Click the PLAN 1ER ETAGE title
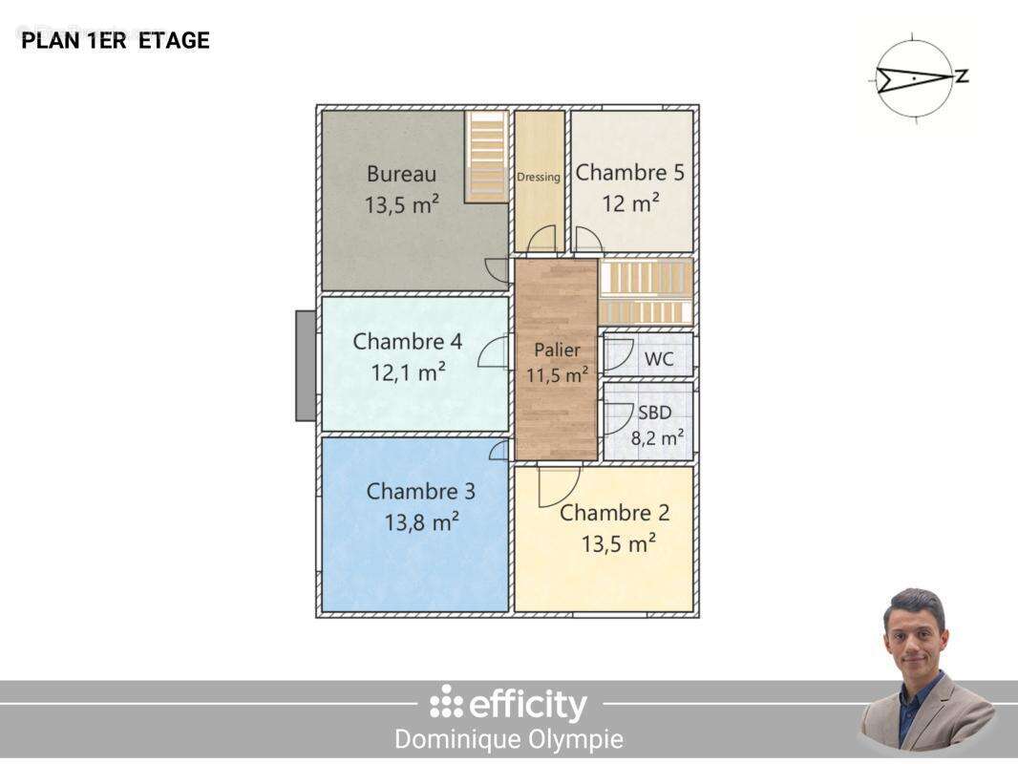click(x=116, y=40)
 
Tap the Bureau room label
click(x=401, y=173)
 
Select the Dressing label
click(x=539, y=177)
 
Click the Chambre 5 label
click(x=629, y=172)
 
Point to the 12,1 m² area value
click(x=408, y=372)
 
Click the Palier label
click(x=557, y=350)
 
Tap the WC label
click(x=658, y=358)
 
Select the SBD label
click(x=654, y=413)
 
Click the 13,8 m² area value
click(x=422, y=521)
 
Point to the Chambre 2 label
click(x=614, y=513)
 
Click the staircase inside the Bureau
click(x=486, y=157)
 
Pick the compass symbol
click(x=917, y=77)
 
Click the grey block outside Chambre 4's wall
click(x=306, y=366)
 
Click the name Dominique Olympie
click(x=509, y=738)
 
